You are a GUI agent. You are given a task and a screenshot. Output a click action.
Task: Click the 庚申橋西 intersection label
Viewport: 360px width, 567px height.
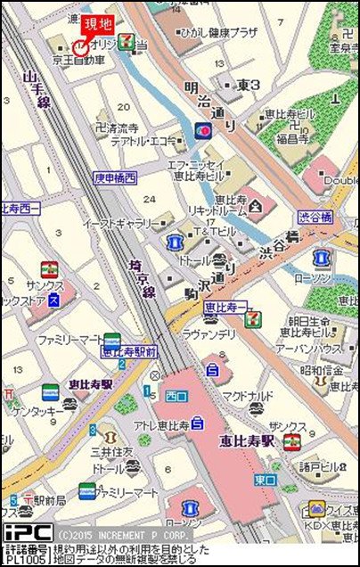pos(115,177)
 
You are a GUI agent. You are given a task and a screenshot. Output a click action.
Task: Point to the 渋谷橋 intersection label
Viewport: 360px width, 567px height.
pos(315,217)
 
